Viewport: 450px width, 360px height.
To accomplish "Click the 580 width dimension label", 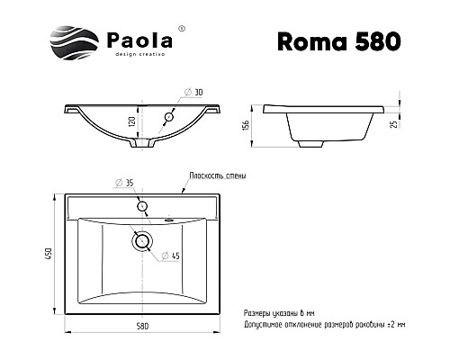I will [143, 325].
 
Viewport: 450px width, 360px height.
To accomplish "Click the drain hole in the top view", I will [141, 240].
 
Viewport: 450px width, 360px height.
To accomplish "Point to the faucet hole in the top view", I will [141, 207].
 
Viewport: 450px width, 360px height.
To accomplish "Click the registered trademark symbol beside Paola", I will [183, 29].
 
